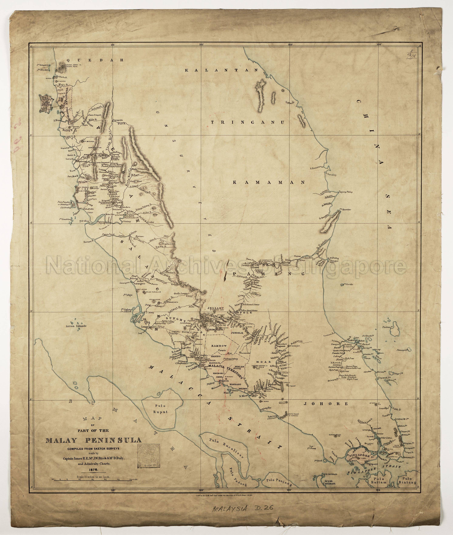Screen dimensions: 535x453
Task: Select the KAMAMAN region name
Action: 269,182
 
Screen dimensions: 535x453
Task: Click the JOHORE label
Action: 326,404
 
